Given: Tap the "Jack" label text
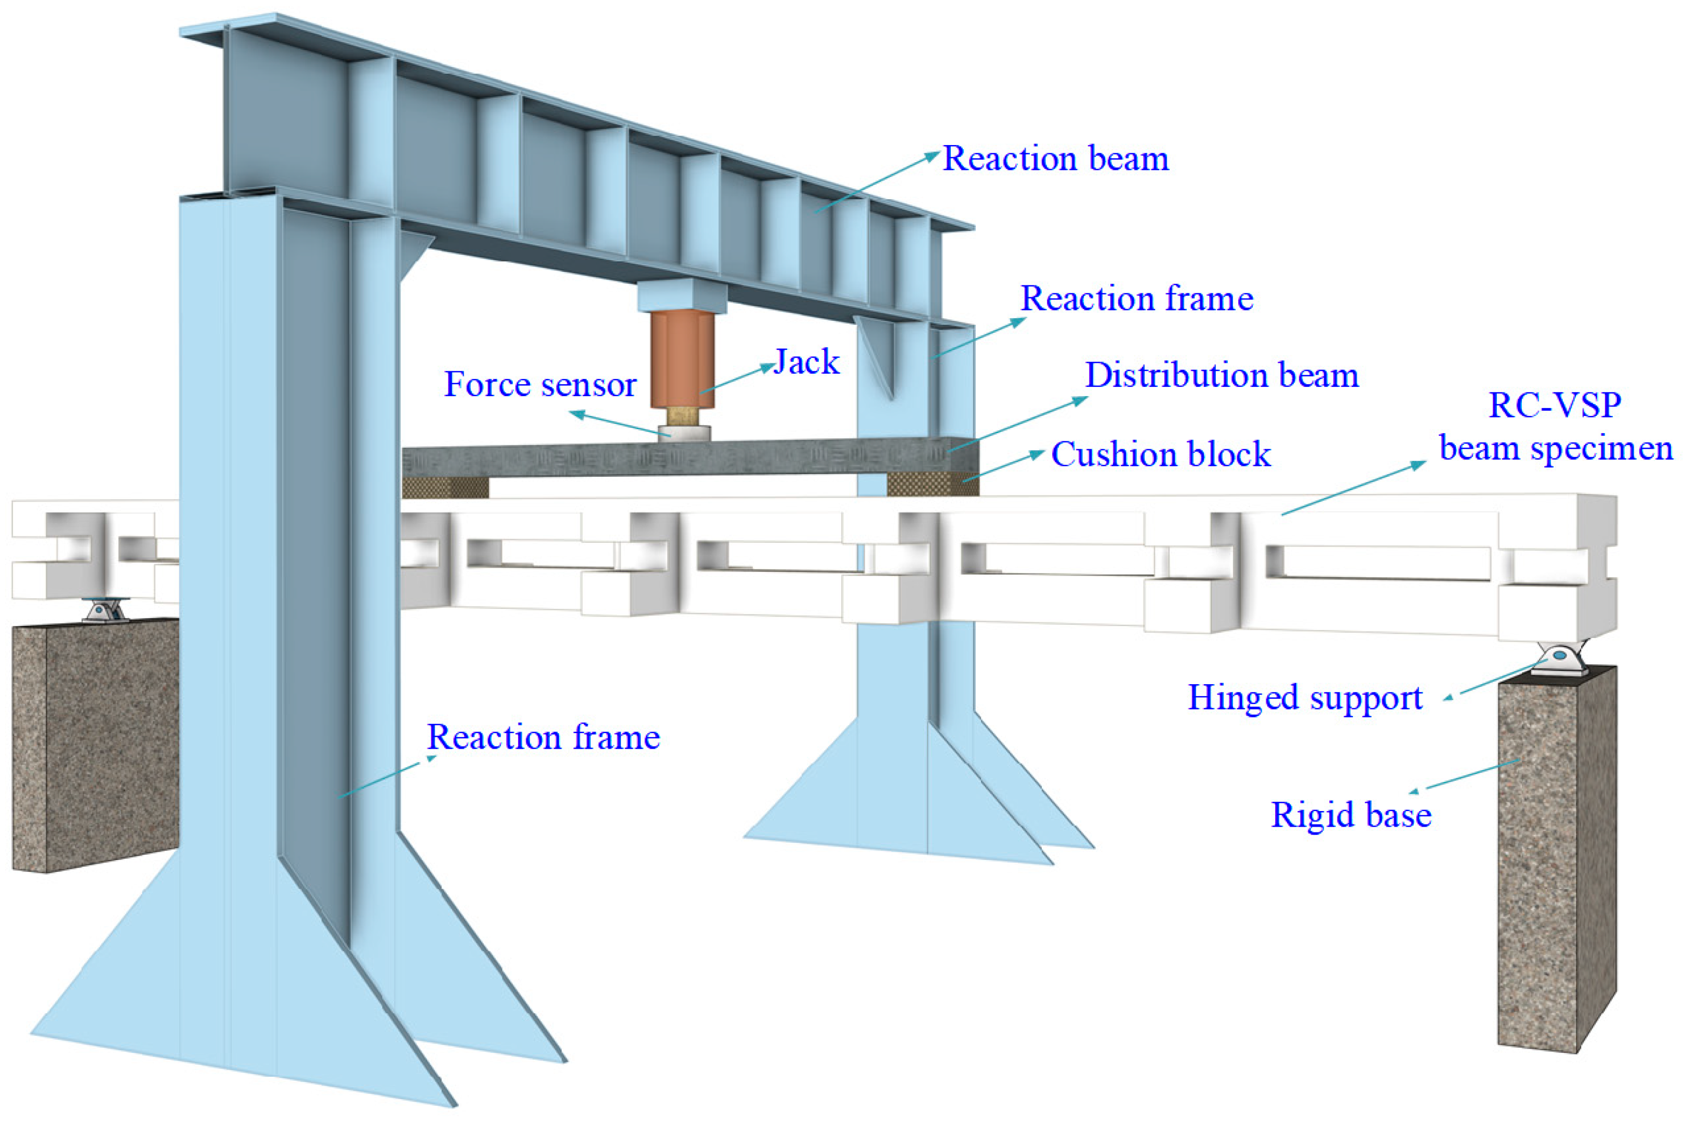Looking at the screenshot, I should (x=806, y=362).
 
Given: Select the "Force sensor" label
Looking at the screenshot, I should (x=540, y=384).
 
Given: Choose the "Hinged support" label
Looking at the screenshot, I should (x=1305, y=698).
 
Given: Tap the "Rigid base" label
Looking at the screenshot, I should (x=1351, y=814).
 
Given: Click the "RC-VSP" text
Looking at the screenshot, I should (x=1554, y=405).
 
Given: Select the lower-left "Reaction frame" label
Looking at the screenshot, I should (x=543, y=737).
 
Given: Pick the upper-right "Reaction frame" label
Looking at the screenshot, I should (x=1136, y=298).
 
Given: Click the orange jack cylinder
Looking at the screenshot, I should (x=682, y=358).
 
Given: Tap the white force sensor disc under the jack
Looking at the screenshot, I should (x=684, y=433).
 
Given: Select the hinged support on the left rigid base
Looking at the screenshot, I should (x=105, y=611).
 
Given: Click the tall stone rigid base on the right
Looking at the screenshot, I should (x=1556, y=859).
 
